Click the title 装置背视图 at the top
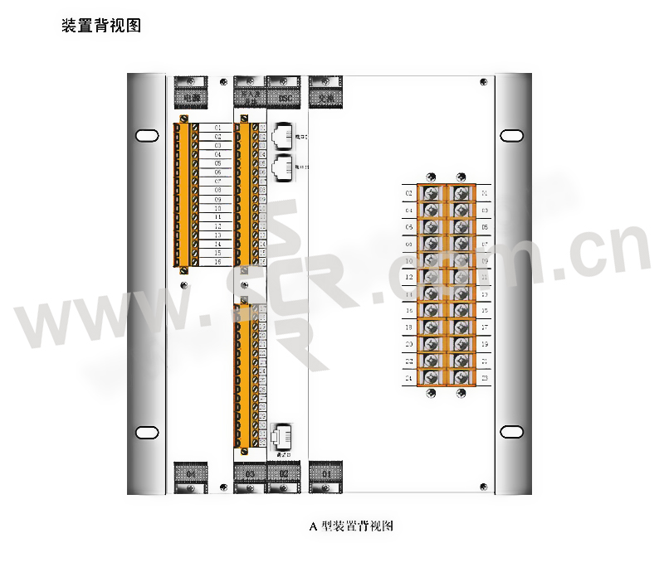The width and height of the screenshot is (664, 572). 101,27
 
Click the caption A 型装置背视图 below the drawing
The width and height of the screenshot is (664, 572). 349,526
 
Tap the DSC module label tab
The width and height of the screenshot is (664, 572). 285,99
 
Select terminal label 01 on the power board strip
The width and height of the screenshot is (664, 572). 217,128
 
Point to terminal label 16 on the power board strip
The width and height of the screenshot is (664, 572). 217,262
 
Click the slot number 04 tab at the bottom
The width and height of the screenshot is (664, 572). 191,473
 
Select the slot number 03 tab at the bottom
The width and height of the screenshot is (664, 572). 250,473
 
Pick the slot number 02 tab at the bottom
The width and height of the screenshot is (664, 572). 283,473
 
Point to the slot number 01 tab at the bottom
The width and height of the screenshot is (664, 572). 326,473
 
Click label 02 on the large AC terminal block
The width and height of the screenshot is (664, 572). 408,194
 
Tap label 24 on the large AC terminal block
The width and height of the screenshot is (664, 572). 408,378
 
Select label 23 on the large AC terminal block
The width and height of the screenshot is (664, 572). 485,378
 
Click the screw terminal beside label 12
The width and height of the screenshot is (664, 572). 431,277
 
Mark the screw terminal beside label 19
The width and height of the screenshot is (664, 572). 461,343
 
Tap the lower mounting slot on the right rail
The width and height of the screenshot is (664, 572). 512,432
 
